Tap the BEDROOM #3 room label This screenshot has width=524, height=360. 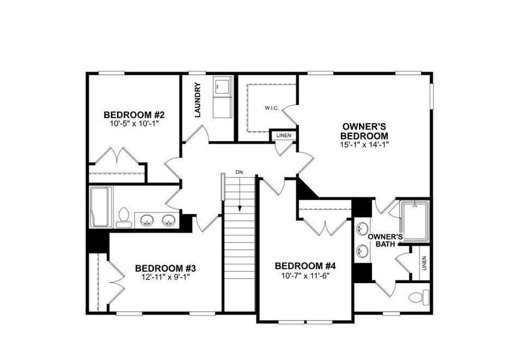click(x=166, y=268)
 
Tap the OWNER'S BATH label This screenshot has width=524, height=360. click(x=384, y=240)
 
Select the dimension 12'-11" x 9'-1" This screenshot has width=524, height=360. click(x=166, y=277)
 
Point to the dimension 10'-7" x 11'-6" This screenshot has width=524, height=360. click(x=306, y=276)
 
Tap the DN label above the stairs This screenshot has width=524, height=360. click(x=239, y=173)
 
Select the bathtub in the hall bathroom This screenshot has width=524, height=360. click(x=100, y=206)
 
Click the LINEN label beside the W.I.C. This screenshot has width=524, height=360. click(x=284, y=136)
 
